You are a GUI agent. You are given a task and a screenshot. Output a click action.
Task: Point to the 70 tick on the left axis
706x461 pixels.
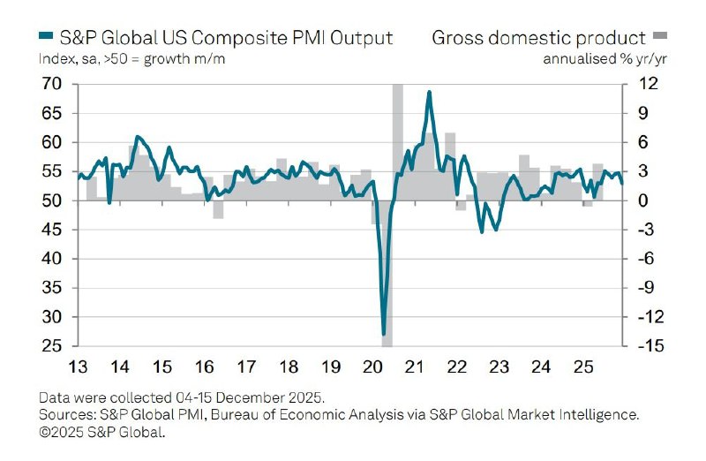(50, 85)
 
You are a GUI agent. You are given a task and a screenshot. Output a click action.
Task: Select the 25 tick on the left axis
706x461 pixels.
(50, 346)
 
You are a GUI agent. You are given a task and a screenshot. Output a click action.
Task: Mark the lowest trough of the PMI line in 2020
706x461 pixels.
(384, 334)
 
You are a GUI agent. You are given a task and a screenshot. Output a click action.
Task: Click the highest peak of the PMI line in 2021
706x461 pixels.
(429, 92)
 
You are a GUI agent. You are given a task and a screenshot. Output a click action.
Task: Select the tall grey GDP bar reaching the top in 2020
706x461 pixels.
(397, 132)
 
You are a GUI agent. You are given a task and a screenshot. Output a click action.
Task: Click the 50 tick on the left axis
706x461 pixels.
(50, 201)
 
